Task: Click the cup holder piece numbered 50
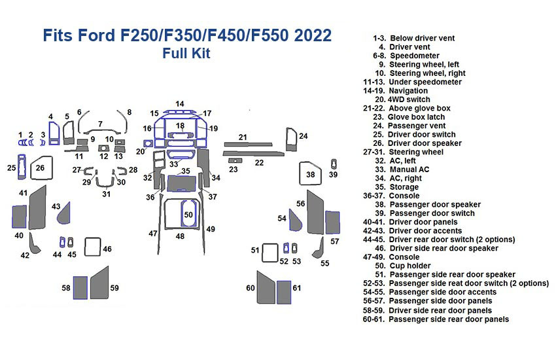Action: coord(188,215)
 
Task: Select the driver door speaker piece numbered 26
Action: coord(41,168)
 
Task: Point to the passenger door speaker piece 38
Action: coord(310,175)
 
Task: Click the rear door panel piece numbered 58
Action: coord(80,287)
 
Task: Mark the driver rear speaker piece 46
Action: coord(92,247)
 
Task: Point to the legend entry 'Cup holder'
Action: coord(409,266)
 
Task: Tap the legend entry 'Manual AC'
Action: coord(409,170)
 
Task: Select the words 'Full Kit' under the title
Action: coord(186,54)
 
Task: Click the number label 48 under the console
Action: coord(180,236)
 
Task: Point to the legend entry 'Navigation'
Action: coord(408,91)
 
